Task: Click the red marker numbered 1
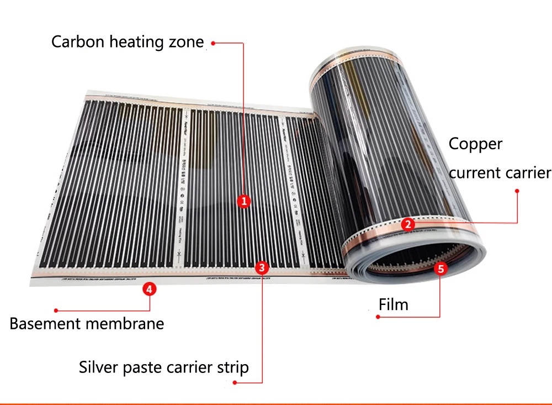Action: [244, 201]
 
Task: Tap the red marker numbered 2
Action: [407, 224]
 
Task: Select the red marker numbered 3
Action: [263, 268]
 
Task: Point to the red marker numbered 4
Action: [148, 288]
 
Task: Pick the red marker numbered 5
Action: [440, 269]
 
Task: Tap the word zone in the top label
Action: [185, 42]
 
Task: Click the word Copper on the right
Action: [475, 144]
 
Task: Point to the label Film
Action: [394, 304]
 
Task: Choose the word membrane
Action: [126, 324]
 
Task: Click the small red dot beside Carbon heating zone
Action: [213, 43]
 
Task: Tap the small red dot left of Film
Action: [378, 317]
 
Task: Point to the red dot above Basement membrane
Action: [56, 311]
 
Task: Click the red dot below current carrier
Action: [517, 191]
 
